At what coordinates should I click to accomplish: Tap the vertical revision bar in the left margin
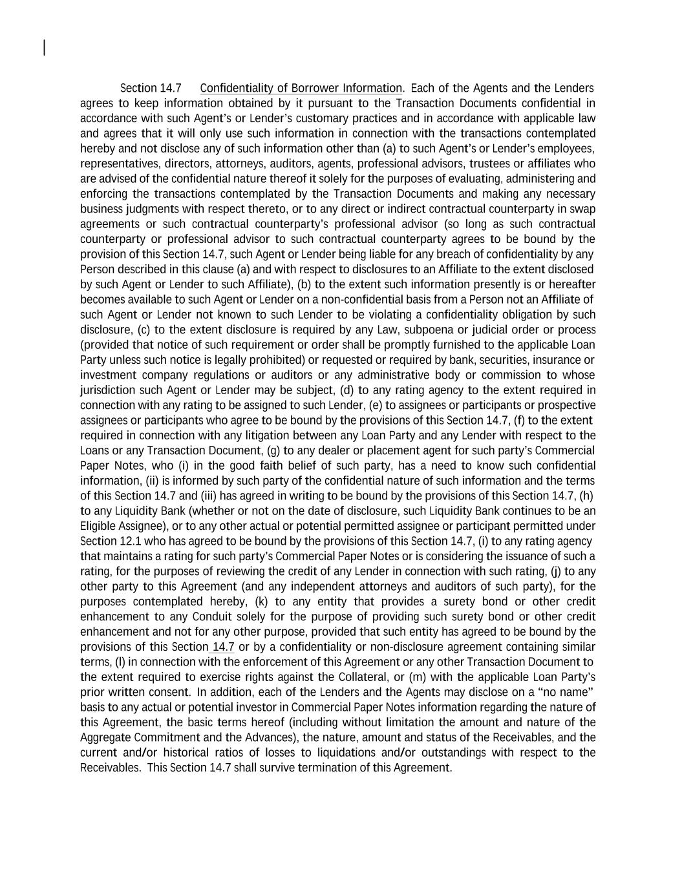(44, 48)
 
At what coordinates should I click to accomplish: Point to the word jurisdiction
(107, 390)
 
